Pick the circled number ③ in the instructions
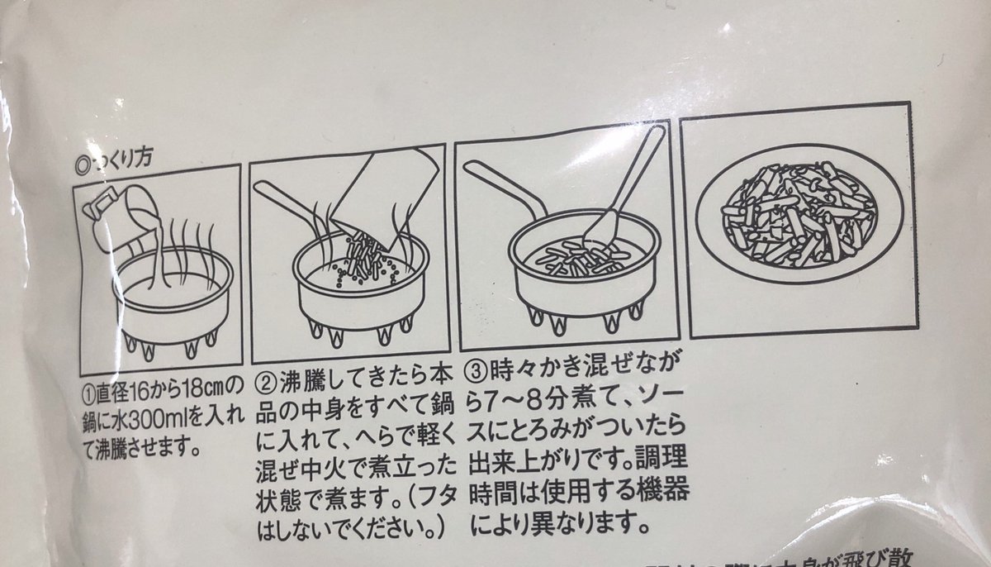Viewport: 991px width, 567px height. click(x=479, y=366)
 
